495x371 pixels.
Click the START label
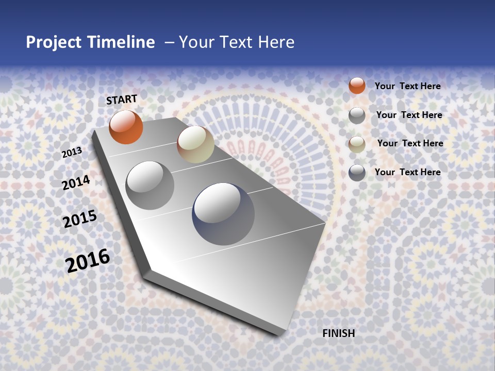(122, 99)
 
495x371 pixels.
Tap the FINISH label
(338, 333)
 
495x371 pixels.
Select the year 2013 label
(72, 153)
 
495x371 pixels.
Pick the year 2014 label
(76, 183)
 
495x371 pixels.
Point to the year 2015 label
(80, 219)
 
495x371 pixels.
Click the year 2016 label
(88, 260)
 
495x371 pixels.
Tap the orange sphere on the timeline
(126, 127)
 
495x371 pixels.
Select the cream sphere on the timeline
(195, 144)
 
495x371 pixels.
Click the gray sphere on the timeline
(150, 185)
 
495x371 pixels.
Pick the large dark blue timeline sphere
(223, 214)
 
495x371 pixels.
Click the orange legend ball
(357, 86)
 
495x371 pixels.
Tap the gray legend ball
(357, 115)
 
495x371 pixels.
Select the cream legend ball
(357, 144)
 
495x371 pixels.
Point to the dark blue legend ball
(357, 173)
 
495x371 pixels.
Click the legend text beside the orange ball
(407, 86)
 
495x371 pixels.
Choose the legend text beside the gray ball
(409, 115)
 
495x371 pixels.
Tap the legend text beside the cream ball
(410, 143)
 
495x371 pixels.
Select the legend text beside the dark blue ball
(407, 172)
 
